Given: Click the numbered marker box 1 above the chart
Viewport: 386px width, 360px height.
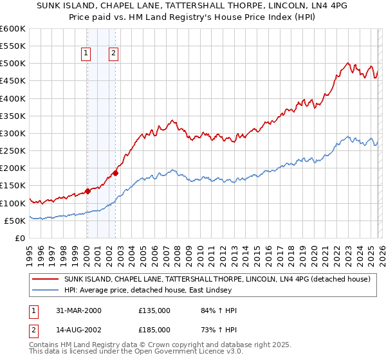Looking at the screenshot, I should tap(86, 54).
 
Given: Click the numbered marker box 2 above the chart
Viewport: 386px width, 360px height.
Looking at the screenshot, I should tap(113, 54).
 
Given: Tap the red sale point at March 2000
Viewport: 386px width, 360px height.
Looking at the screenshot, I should tap(88, 191).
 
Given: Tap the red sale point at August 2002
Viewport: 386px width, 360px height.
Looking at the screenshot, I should tap(115, 173).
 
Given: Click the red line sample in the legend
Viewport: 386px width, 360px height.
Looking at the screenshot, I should tap(45, 280).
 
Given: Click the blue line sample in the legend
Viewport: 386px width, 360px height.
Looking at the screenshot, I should tap(45, 291).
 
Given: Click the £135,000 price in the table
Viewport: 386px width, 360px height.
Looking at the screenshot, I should tap(154, 310).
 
